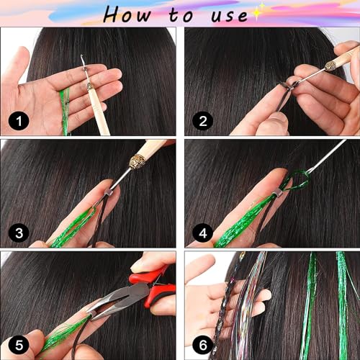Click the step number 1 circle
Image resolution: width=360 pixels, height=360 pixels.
click(17, 121)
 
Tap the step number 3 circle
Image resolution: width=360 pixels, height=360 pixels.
click(17, 232)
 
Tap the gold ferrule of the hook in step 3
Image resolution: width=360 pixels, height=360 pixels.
click(137, 158)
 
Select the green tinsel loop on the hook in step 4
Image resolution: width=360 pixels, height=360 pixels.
click(297, 179)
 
